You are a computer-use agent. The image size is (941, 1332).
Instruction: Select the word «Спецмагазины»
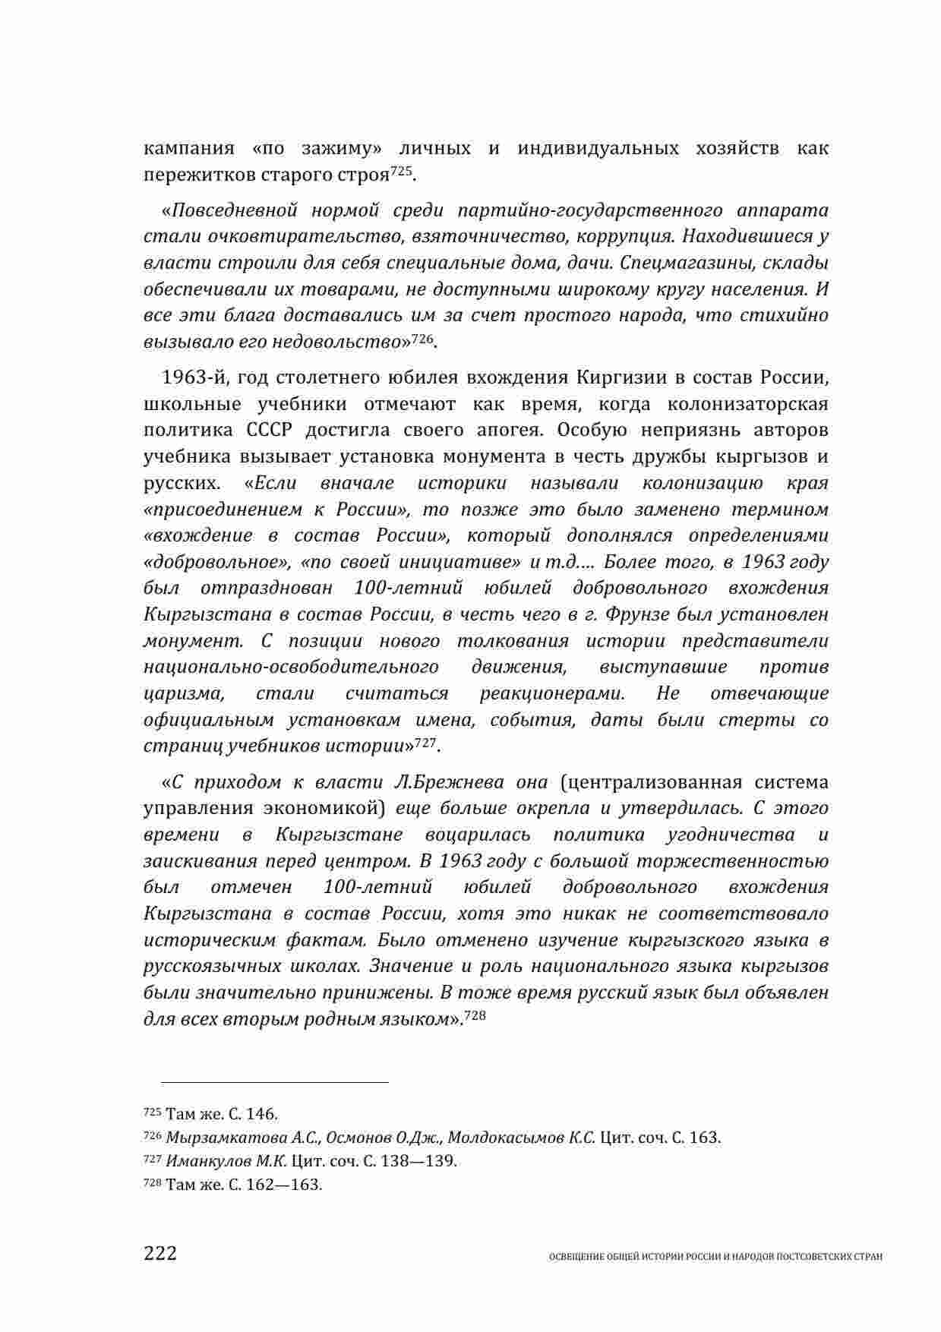coord(677,263)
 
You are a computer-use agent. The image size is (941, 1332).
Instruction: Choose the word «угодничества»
coord(730,835)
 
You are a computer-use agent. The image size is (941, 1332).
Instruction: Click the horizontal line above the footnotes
coord(266,1082)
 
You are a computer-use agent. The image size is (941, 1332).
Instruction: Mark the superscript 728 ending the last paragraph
coord(475,1015)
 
